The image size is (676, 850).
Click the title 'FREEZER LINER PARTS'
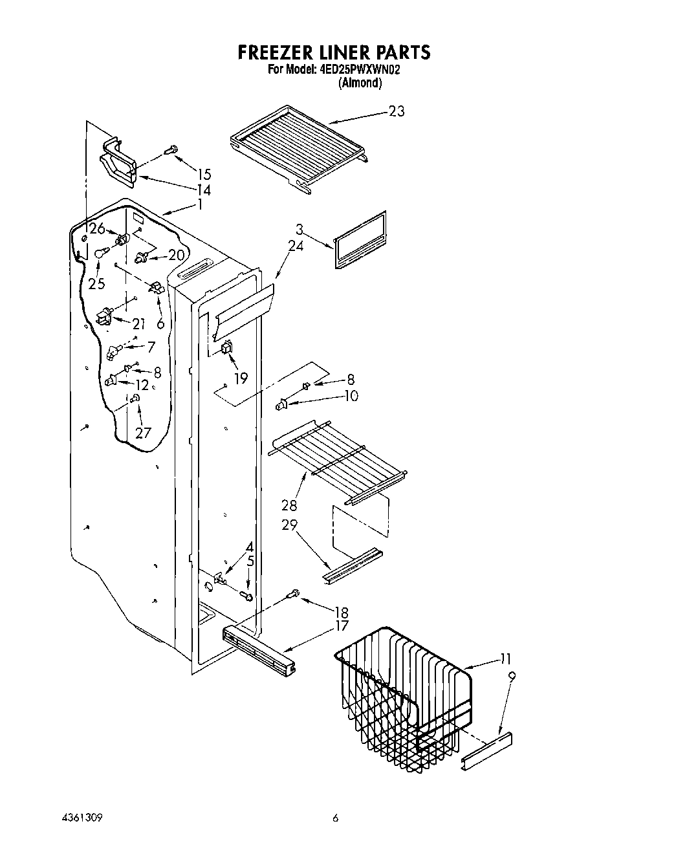tap(334, 52)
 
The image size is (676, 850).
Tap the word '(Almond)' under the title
tap(360, 83)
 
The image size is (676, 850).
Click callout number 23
tap(396, 111)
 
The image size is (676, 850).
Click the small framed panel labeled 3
tap(361, 238)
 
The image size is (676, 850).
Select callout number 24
tap(296, 245)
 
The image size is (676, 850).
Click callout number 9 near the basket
tap(512, 677)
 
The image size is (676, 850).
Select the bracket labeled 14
tap(116, 162)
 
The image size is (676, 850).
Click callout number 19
tap(241, 378)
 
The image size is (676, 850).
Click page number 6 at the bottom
tap(335, 818)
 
